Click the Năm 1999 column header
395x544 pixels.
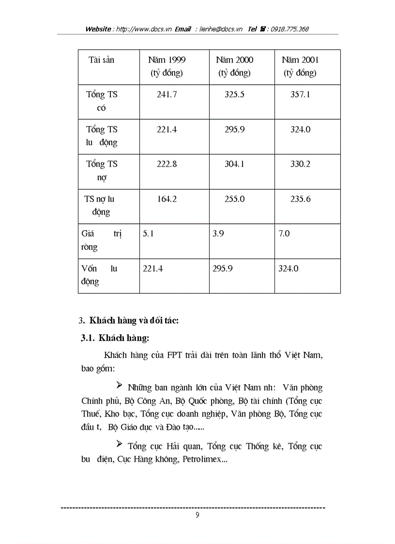[167, 66]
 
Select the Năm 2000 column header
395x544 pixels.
[234, 66]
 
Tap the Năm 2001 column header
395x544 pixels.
[300, 66]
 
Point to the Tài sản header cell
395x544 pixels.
[101, 60]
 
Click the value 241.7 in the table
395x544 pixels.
[167, 94]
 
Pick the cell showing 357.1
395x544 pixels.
[300, 94]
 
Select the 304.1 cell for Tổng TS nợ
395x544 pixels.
[234, 164]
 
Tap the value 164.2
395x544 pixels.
[167, 199]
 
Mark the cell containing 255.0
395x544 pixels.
[234, 199]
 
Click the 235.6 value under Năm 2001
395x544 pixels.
[300, 199]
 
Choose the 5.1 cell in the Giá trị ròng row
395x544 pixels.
[148, 233]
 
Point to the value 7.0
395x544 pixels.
[284, 233]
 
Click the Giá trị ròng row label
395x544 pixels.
[102, 240]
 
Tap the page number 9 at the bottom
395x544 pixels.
[197, 515]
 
